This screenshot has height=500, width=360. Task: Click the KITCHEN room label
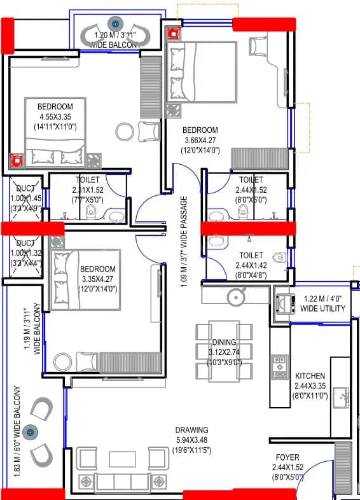click(x=310, y=377)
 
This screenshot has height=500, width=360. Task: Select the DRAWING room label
click(x=193, y=431)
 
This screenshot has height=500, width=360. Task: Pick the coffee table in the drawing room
click(x=122, y=459)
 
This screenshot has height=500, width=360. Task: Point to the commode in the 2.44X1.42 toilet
click(x=279, y=258)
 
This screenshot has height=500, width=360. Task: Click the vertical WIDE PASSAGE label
click(x=184, y=241)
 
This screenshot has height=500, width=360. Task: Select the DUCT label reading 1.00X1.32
click(x=25, y=248)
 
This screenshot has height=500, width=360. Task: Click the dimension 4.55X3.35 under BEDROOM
click(x=55, y=116)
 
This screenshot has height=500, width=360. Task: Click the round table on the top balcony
click(x=115, y=24)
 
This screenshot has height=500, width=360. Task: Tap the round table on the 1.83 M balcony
click(x=29, y=433)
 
